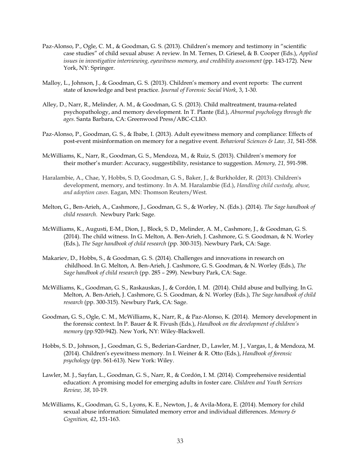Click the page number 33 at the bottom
click(x=180, y=441)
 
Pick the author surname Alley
click(x=49, y=104)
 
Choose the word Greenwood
click(x=127, y=119)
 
